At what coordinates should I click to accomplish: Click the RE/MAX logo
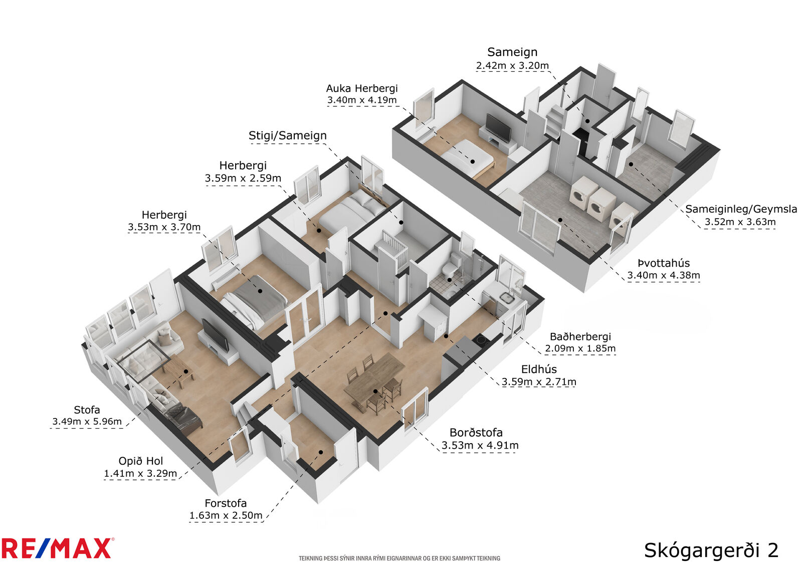coord(57,548)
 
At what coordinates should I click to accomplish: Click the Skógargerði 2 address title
coord(711,550)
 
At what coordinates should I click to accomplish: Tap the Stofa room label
coord(87,410)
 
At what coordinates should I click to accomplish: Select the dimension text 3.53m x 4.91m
coord(480,445)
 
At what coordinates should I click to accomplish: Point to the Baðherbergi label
coord(580,337)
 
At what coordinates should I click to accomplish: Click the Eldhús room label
coord(539,369)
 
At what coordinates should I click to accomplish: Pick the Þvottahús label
coord(664,263)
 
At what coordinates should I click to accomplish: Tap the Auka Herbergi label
coord(361,88)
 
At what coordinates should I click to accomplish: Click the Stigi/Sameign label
coord(288,135)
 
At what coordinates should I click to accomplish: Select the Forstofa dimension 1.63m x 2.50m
coord(226,515)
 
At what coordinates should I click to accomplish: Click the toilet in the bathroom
coord(451,265)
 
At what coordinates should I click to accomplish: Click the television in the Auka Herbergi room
coord(498,128)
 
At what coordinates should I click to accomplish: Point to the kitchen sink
coord(507,297)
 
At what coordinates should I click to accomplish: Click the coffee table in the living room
coord(178,370)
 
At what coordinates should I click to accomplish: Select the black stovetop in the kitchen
coord(481,339)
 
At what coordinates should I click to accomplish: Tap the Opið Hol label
coord(141,461)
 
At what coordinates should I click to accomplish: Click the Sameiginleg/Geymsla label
coord(741,209)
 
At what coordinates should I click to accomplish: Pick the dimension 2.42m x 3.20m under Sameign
coord(512,66)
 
